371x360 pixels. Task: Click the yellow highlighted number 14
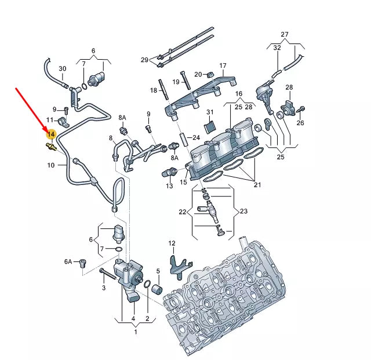[x=51, y=135]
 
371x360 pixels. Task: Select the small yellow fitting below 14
[x=50, y=148]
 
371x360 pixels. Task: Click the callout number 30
[x=62, y=69]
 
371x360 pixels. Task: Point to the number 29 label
[x=144, y=60]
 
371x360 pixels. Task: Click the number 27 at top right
[x=284, y=34]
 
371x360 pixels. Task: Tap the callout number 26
[x=300, y=123]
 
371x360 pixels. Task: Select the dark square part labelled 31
[x=210, y=124]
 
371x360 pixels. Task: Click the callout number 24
[x=196, y=138]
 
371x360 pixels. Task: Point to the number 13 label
[x=169, y=186]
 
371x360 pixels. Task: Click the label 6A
[x=68, y=262]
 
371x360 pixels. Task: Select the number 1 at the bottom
[x=136, y=332]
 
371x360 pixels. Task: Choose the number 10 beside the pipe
[x=52, y=165]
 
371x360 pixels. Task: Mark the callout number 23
[x=243, y=212]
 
